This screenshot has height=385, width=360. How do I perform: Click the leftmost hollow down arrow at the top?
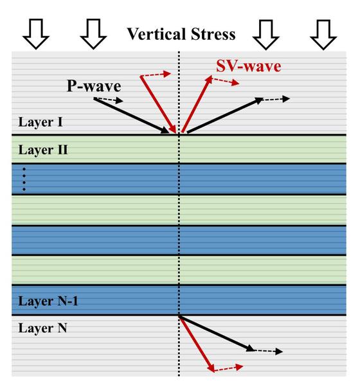pyautogui.click(x=36, y=34)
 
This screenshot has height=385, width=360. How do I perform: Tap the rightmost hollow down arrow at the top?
pyautogui.click(x=323, y=35)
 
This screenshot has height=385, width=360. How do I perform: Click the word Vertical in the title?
pyautogui.click(x=156, y=34)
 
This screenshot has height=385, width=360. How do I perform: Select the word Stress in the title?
pyautogui.click(x=213, y=34)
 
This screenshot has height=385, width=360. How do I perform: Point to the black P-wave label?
pyautogui.click(x=94, y=86)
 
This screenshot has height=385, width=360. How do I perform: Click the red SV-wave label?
pyautogui.click(x=249, y=66)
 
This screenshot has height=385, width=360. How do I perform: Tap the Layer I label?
pyautogui.click(x=40, y=122)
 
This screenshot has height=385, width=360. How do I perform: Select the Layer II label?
pyautogui.click(x=43, y=150)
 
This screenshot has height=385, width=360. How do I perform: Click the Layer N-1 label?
pyautogui.click(x=48, y=301)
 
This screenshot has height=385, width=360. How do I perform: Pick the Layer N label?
pyautogui.click(x=42, y=328)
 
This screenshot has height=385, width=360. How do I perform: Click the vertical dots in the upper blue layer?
pyautogui.click(x=24, y=179)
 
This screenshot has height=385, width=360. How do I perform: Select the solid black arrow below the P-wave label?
pyautogui.click(x=131, y=116)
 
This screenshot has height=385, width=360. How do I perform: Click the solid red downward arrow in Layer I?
pyautogui.click(x=158, y=105)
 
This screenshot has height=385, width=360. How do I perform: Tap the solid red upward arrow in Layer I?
pyautogui.click(x=197, y=104)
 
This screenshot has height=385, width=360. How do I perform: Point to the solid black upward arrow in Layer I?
pyautogui.click(x=225, y=115)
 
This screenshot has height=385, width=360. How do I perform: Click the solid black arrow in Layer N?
pyautogui.click(x=217, y=334)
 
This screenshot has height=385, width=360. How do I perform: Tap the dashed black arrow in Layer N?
pyautogui.click(x=268, y=351)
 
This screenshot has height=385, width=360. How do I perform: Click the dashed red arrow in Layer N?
pyautogui.click(x=228, y=368)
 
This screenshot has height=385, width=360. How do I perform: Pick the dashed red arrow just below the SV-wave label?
pyautogui.click(x=225, y=81)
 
